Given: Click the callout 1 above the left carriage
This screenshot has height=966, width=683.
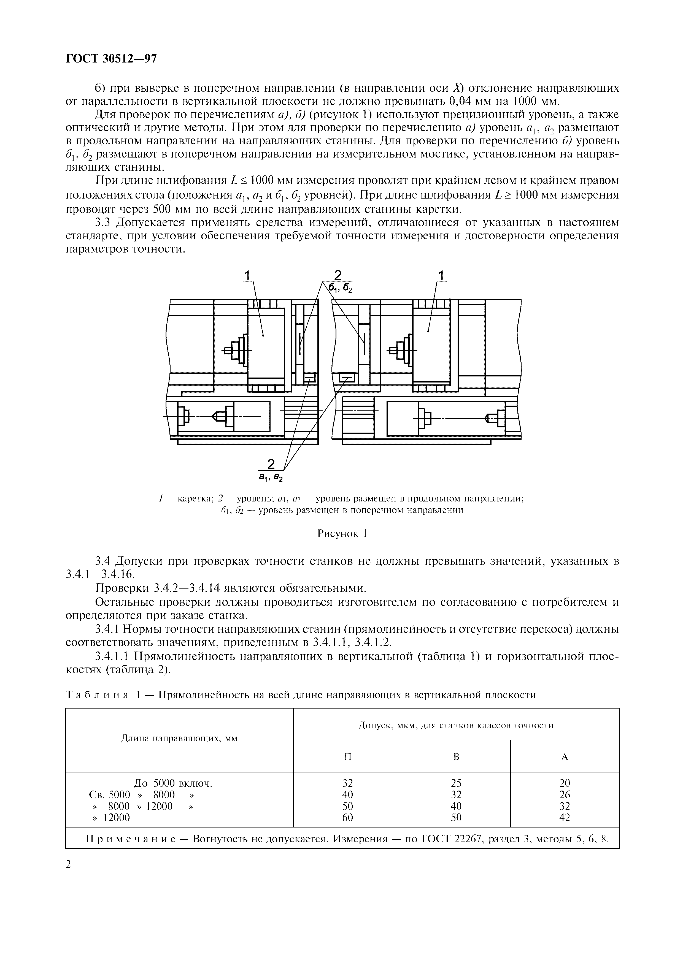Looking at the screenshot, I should pos(247,276).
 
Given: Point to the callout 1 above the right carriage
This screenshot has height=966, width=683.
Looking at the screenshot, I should pos(441,276).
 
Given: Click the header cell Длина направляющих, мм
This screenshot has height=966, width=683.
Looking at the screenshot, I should pos(179,738).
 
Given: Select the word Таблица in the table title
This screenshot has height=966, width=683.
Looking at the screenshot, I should pos(97,695).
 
